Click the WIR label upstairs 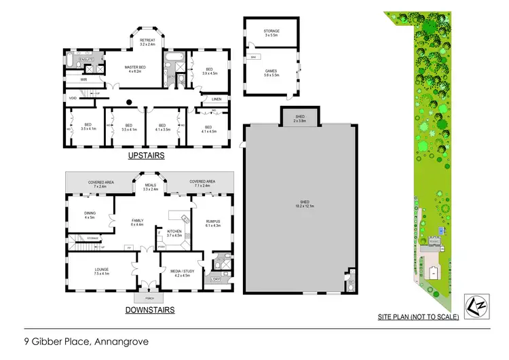(84, 79)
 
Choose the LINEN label (216, 99)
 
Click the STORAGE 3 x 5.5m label (271, 33)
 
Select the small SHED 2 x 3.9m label (300, 118)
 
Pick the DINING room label (89, 215)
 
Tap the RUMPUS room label (213, 223)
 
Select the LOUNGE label (102, 272)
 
